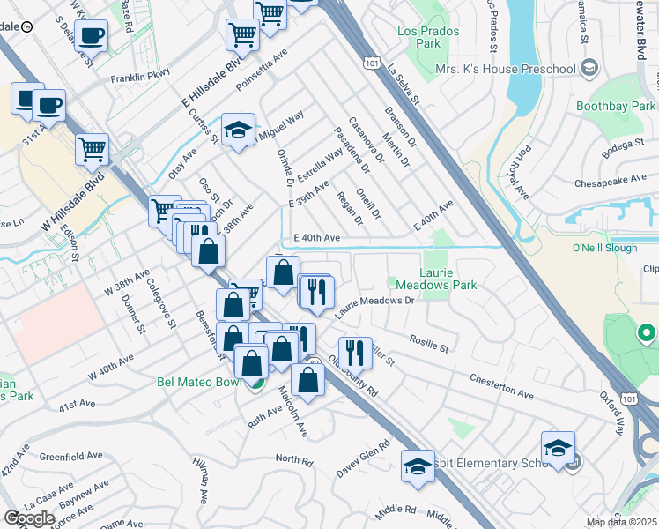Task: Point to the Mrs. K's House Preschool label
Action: click(x=506, y=69)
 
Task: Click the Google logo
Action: click(x=29, y=518)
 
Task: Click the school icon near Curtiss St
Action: click(x=238, y=130)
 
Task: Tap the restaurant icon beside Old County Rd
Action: click(x=355, y=352)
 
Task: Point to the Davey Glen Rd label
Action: click(x=363, y=459)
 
